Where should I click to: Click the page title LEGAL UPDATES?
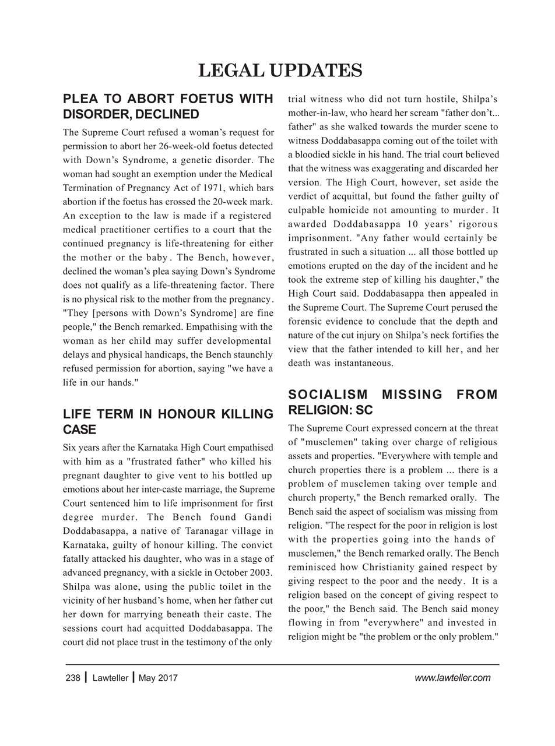(280, 71)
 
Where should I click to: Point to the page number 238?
(73, 678)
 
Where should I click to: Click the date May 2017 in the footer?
(159, 678)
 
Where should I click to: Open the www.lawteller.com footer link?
(452, 678)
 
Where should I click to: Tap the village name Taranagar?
(209, 531)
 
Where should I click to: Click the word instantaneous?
(357, 363)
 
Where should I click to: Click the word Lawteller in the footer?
(110, 678)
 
